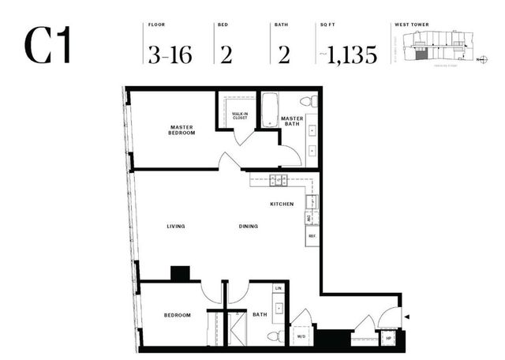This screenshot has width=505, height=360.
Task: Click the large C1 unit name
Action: point(48,46)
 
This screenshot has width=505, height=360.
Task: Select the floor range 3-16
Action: point(169,54)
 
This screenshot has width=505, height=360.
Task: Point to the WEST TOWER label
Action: point(410,25)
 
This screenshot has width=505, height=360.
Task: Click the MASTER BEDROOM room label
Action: point(181,129)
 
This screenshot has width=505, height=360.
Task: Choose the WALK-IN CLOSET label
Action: point(241,116)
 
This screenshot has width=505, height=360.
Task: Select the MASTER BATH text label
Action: point(293,122)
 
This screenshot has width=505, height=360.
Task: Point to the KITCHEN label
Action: point(282,204)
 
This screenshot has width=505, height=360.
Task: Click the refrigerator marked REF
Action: point(312,236)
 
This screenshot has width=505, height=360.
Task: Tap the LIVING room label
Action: point(175,227)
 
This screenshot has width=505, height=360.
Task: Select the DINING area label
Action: point(249,227)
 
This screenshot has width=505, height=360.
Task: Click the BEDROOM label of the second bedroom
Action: point(177,316)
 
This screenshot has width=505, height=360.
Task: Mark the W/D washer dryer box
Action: point(301,337)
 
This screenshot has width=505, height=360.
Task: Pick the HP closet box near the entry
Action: point(387,338)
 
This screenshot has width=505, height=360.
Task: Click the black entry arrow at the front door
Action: point(407,317)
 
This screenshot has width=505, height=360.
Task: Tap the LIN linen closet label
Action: point(278,288)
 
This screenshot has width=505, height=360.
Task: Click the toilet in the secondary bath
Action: point(273,336)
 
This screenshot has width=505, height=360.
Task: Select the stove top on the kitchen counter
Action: point(277,180)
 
